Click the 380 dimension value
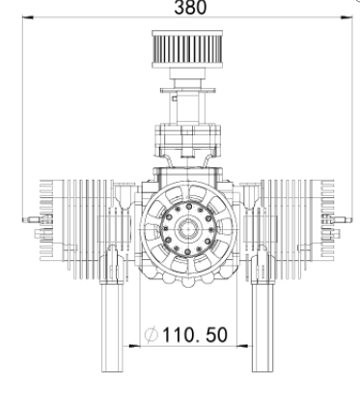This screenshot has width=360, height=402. click(x=190, y=7)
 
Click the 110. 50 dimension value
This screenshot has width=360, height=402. click(x=195, y=335)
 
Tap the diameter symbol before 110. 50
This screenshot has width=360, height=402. click(x=152, y=335)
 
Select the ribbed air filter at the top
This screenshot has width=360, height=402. click(x=187, y=49)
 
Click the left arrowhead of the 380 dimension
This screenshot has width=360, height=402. click(x=28, y=17)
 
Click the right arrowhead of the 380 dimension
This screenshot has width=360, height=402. click(x=346, y=17)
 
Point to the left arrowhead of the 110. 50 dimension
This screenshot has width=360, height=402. click(x=134, y=346)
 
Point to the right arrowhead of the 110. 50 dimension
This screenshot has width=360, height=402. click(x=242, y=346)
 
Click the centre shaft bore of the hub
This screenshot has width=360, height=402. click(x=188, y=229)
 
